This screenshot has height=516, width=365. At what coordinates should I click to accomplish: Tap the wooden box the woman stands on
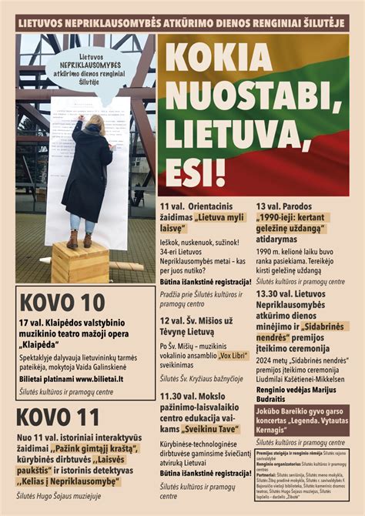80,262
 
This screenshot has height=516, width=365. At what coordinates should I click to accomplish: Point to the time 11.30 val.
182,396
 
